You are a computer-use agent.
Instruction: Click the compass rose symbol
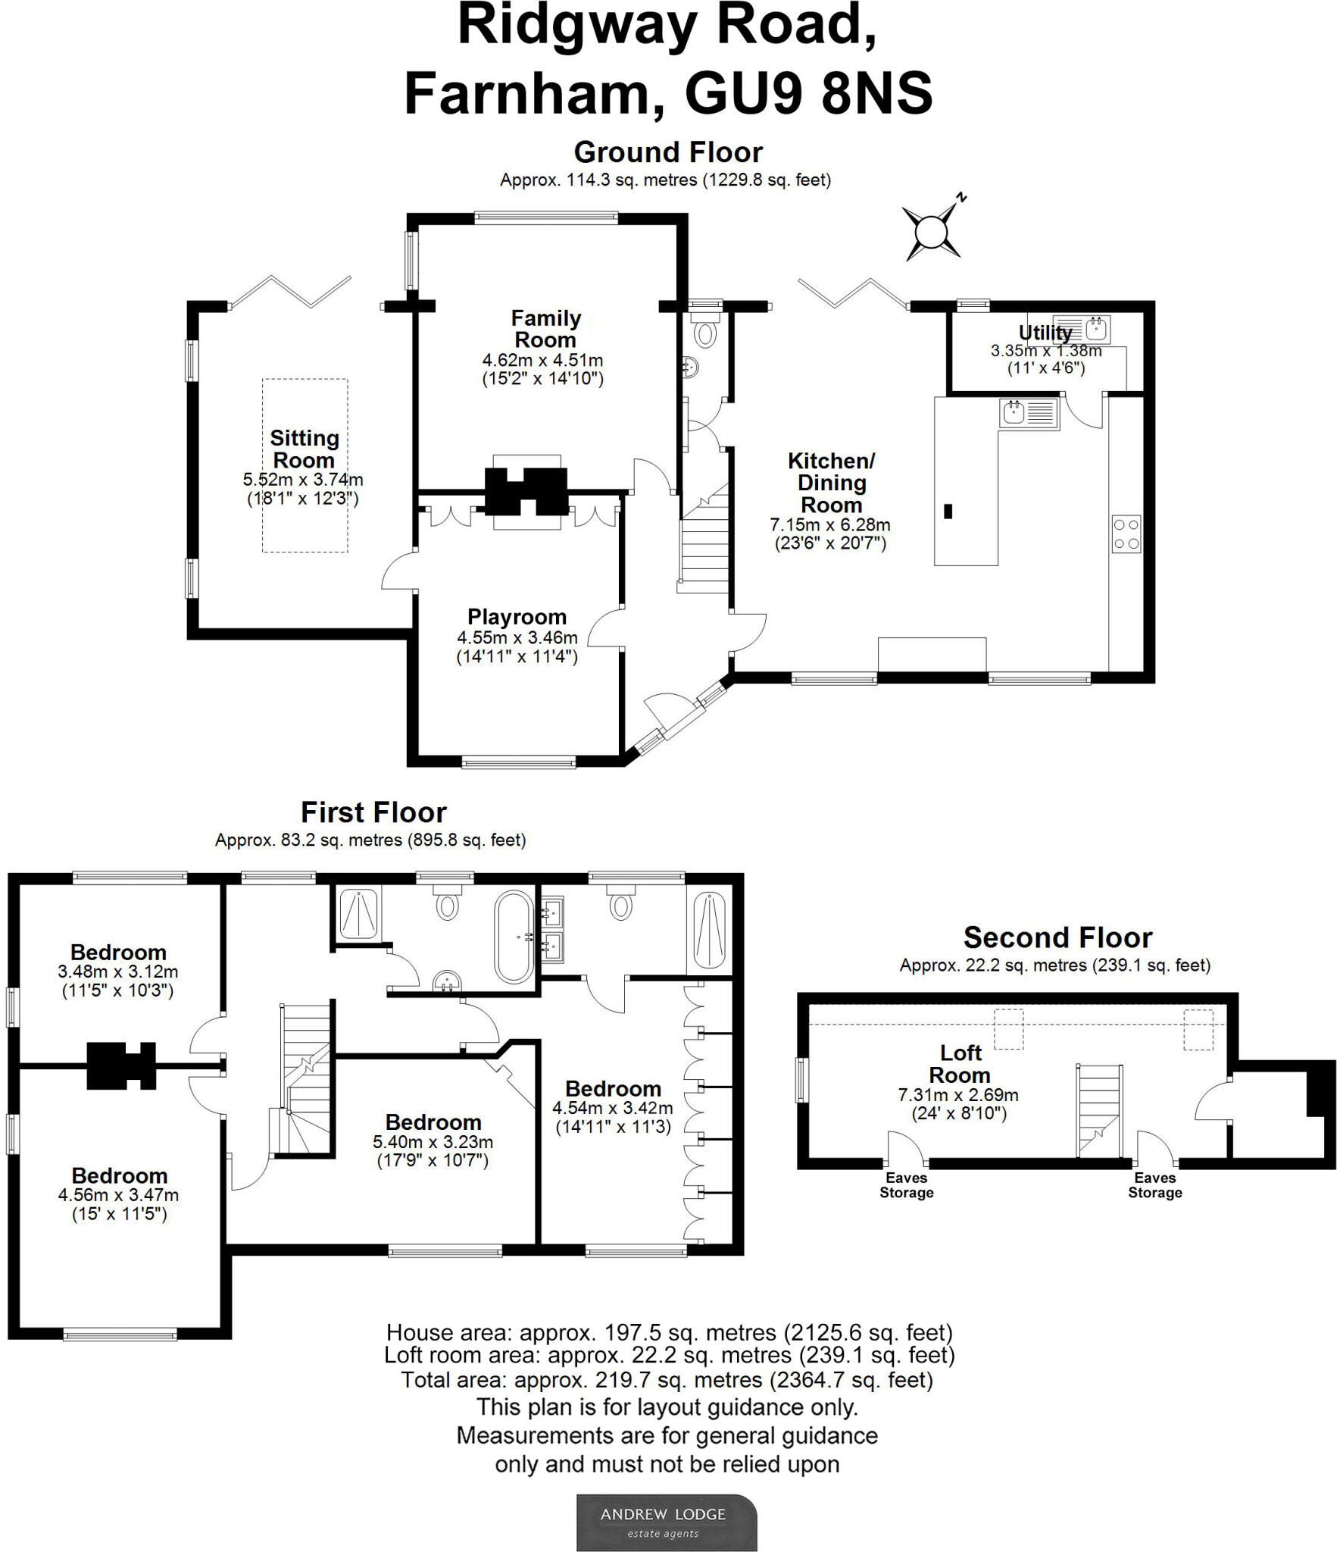pyautogui.click(x=932, y=231)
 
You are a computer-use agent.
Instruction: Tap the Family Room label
pyautogui.click(x=545, y=329)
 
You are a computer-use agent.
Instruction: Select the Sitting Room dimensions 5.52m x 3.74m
pyautogui.click(x=303, y=480)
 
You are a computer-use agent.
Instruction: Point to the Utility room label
pyautogui.click(x=1045, y=333)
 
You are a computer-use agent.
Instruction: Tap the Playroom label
pyautogui.click(x=517, y=617)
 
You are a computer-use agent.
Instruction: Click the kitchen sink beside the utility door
pyautogui.click(x=1029, y=414)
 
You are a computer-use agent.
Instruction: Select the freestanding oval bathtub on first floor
pyautogui.click(x=514, y=937)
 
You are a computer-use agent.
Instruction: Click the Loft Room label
pyautogui.click(x=960, y=1064)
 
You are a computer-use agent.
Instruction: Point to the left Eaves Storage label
pyautogui.click(x=906, y=1185)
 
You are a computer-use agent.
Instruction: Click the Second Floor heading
pyautogui.click(x=1057, y=938)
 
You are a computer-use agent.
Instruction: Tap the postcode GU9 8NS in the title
pyautogui.click(x=807, y=94)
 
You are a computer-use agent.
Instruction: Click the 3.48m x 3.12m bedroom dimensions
pyautogui.click(x=118, y=972)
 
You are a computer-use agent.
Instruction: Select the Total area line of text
pyautogui.click(x=667, y=1380)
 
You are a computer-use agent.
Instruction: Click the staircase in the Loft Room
pyautogui.click(x=1099, y=1111)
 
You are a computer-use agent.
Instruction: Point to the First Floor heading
pyautogui.click(x=373, y=812)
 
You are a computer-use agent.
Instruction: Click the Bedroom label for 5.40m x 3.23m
pyautogui.click(x=433, y=1122)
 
